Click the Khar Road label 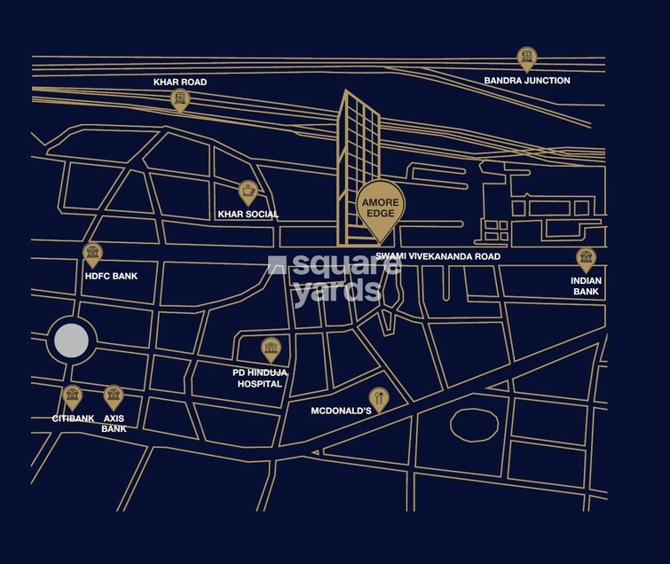click(180, 82)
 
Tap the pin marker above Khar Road click(180, 98)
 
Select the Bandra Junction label click(527, 81)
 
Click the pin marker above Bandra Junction click(527, 59)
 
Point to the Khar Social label click(248, 215)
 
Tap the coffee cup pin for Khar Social click(248, 192)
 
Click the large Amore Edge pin click(382, 208)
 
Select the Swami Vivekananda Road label click(438, 256)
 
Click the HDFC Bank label click(112, 276)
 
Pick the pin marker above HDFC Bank click(92, 255)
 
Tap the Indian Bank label click(587, 286)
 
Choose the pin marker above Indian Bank click(586, 259)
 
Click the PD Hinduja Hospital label click(259, 379)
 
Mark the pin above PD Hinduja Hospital click(269, 349)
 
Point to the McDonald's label click(340, 411)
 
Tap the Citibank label click(73, 418)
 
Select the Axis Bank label click(114, 423)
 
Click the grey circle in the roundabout click(71, 341)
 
